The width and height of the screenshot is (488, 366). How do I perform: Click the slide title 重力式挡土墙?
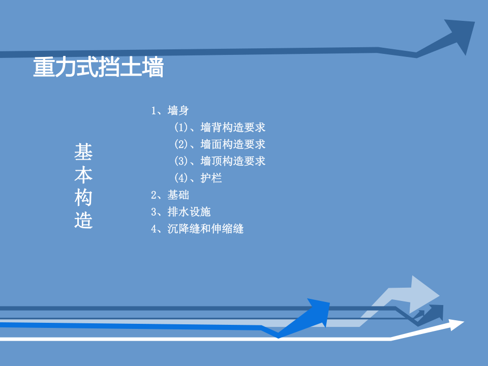tap(98, 68)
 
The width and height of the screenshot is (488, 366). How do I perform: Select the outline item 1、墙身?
tap(170, 110)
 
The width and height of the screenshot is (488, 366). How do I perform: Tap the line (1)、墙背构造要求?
tap(220, 127)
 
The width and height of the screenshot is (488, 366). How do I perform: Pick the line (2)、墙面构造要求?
tap(220, 144)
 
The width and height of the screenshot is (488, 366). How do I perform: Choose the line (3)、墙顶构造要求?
tap(220, 161)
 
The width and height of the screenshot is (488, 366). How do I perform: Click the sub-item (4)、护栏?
tap(198, 178)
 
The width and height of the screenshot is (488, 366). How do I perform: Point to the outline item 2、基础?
tap(170, 195)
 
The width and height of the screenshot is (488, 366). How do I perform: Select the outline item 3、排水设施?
tap(180, 212)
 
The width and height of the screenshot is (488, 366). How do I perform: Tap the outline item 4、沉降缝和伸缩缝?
tap(197, 229)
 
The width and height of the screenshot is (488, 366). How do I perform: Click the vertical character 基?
tap(83, 151)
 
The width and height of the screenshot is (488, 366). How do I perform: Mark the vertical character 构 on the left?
tap(83, 198)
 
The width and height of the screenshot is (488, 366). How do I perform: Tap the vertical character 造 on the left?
tap(83, 221)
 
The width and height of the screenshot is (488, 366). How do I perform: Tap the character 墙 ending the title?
tap(152, 68)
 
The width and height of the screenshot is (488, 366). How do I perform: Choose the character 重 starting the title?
tap(44, 68)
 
